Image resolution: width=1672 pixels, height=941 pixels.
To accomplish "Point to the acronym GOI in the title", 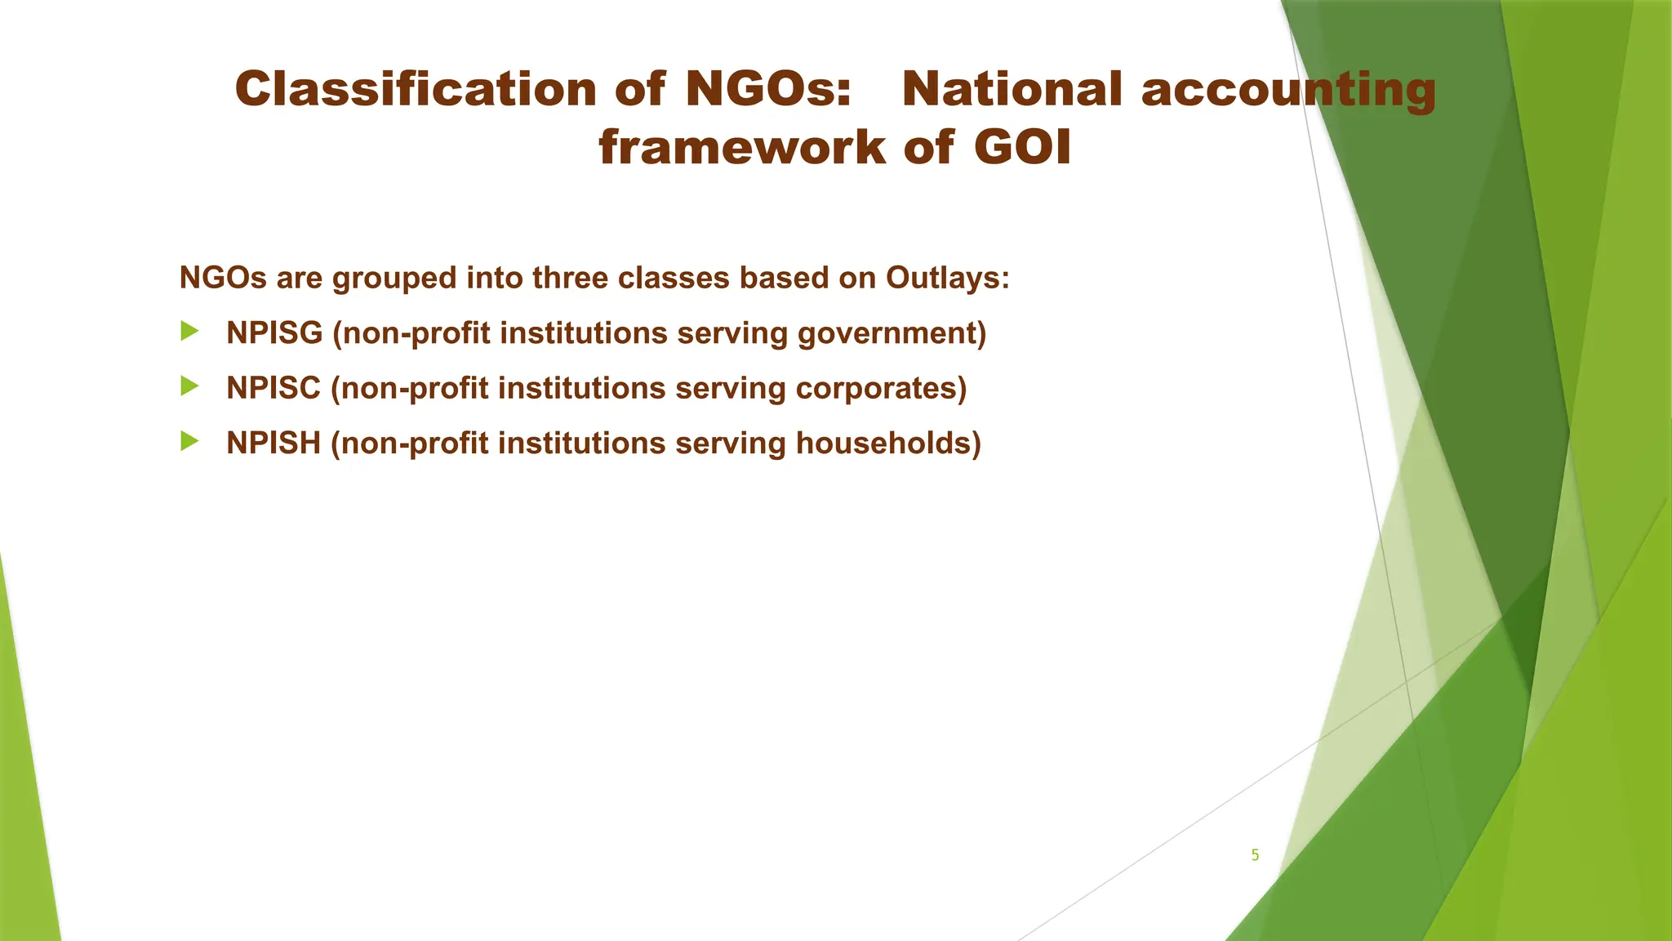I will (x=1022, y=148).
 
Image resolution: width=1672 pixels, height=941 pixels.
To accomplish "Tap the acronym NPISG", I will (x=274, y=333).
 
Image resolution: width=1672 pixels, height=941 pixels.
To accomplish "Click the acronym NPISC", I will (x=273, y=388).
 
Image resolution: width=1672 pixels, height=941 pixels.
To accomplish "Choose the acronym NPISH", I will (x=273, y=443).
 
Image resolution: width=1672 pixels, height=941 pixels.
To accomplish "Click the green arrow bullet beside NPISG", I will (x=190, y=332).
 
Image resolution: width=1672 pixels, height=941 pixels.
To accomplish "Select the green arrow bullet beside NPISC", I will (x=190, y=386).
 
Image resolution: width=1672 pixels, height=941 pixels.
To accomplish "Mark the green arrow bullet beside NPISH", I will (x=190, y=441).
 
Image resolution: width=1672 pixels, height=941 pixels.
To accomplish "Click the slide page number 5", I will (x=1255, y=855).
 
